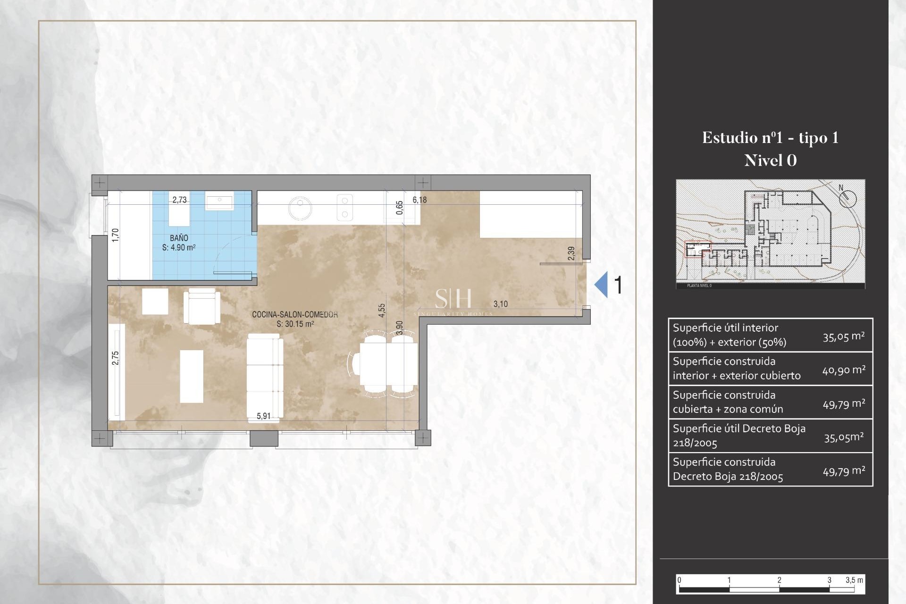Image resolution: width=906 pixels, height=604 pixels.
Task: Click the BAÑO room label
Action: [179, 238]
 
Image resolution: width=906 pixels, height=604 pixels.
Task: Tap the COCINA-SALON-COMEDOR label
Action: [294, 314]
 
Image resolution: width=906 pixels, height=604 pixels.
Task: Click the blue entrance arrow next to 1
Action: [601, 285]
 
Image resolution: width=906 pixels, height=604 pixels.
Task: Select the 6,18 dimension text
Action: [419, 200]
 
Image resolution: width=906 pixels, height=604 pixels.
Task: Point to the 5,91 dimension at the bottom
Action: [264, 416]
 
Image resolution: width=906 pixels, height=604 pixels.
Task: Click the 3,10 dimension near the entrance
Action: [500, 304]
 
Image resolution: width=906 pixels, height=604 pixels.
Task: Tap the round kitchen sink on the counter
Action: [300, 208]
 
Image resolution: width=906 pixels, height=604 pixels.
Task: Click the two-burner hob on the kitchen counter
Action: [345, 208]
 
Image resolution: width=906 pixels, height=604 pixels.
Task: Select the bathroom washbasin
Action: [219, 203]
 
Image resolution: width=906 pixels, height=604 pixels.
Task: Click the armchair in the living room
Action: [202, 307]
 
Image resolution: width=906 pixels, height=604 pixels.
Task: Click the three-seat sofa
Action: [265, 377]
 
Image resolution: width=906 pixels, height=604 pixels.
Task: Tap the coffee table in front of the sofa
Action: [192, 376]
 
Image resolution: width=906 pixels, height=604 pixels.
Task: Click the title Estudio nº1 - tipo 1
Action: [770, 138]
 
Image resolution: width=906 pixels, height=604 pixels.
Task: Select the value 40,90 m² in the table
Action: [844, 370]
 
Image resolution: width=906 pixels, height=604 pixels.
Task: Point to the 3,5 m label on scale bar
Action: [854, 580]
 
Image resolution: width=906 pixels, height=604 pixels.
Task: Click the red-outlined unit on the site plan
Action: [697, 249]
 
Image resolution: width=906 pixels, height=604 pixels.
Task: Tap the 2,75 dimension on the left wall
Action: [116, 358]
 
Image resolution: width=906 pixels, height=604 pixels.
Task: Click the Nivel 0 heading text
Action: [770, 160]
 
